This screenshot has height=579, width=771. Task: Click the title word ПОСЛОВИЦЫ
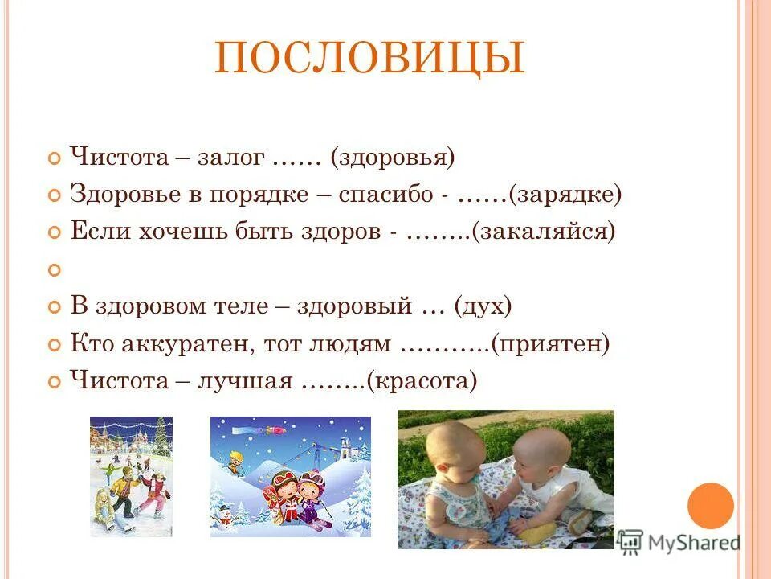(x=369, y=59)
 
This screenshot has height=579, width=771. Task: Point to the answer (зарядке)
(x=568, y=195)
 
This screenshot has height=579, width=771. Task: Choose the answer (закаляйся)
(x=544, y=232)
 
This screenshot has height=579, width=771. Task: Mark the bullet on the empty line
(x=55, y=271)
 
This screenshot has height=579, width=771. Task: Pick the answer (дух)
(x=483, y=306)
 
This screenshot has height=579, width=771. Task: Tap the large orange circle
(x=711, y=506)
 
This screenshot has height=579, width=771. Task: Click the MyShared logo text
(x=694, y=543)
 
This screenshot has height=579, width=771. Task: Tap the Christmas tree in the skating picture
(x=161, y=438)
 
